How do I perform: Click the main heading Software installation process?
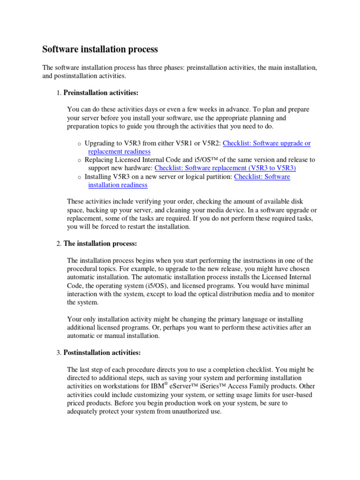point(100,49)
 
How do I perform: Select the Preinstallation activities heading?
point(101,92)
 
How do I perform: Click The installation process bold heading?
point(100,244)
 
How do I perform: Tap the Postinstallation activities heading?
point(102,352)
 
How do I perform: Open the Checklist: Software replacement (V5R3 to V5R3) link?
point(225,168)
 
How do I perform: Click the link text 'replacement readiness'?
point(119,151)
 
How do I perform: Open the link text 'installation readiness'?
point(118,185)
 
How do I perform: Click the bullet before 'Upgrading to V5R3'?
point(79,144)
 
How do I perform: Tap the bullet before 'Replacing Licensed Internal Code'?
point(79,160)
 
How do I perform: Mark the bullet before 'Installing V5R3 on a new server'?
point(79,177)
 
